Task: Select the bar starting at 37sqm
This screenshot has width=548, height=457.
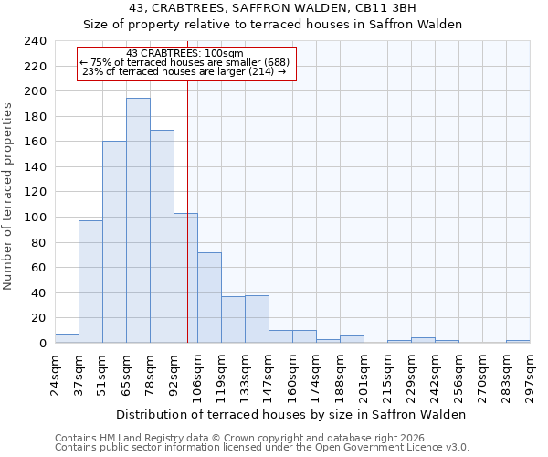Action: tap(90, 282)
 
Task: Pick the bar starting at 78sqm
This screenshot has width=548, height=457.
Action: tap(162, 237)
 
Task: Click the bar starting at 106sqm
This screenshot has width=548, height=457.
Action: tap(209, 297)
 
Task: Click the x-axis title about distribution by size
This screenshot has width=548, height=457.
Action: tap(291, 414)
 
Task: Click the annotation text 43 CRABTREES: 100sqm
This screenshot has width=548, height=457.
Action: tap(184, 54)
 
